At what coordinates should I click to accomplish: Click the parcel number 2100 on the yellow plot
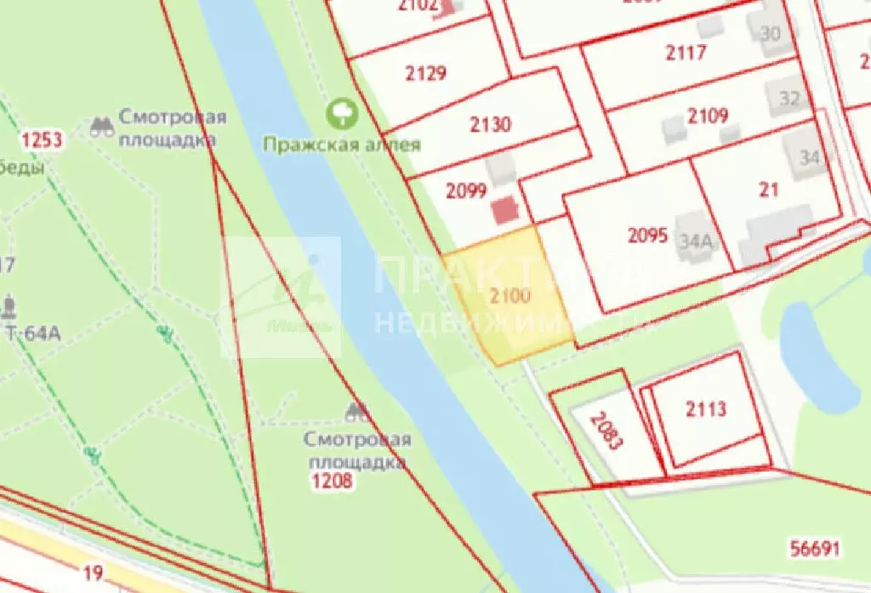click(x=510, y=296)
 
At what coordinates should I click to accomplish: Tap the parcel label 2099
click(x=466, y=191)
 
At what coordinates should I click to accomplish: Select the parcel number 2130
click(x=491, y=125)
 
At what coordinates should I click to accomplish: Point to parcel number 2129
click(x=425, y=73)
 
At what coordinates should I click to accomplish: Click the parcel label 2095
click(x=648, y=236)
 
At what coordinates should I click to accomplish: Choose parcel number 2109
click(x=708, y=116)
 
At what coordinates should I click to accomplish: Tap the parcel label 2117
click(x=686, y=53)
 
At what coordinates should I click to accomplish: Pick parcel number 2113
click(x=706, y=409)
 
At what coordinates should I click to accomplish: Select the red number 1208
click(x=331, y=482)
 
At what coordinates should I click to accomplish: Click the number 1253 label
click(x=43, y=140)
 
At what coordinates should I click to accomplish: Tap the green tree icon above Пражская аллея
click(x=344, y=111)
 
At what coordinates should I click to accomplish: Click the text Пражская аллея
click(x=341, y=144)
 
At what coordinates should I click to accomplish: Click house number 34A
click(x=695, y=241)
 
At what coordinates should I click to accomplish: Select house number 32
click(x=789, y=99)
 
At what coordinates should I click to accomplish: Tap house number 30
click(x=769, y=34)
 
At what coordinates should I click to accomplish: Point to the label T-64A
click(x=33, y=333)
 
